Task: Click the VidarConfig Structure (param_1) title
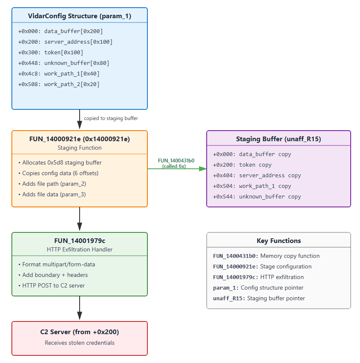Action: (x=80, y=16)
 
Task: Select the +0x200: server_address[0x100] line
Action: (x=65, y=42)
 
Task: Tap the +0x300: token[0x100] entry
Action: (x=51, y=52)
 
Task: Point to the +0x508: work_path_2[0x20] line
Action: (x=59, y=84)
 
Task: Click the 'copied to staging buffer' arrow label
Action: (x=111, y=118)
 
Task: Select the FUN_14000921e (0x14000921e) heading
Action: (x=80, y=139)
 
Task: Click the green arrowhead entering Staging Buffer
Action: (x=203, y=168)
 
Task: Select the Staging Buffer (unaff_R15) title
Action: (x=279, y=139)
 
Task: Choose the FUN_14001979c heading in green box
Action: (x=80, y=241)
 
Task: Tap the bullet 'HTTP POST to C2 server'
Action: (x=52, y=285)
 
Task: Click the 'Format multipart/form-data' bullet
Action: (x=57, y=264)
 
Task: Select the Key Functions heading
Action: (x=279, y=241)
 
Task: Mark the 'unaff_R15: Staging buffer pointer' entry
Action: (x=258, y=298)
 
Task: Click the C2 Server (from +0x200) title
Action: (x=80, y=332)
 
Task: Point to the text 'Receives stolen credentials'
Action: (x=80, y=343)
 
